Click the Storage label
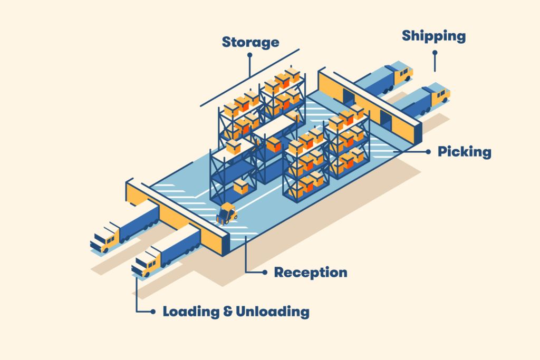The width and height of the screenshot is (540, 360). (x=250, y=42)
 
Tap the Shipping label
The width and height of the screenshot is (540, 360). (x=433, y=36)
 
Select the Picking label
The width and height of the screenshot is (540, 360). (x=464, y=152)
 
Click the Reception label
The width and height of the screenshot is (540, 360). (x=311, y=273)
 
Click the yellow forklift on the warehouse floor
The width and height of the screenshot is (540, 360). (x=227, y=213)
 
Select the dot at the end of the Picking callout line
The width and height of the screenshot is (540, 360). (x=427, y=152)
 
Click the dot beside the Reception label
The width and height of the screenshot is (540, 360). (x=264, y=273)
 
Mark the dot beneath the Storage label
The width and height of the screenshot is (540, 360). (x=250, y=54)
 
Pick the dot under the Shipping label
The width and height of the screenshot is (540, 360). (x=435, y=53)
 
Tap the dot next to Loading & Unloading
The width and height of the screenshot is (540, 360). (x=153, y=312)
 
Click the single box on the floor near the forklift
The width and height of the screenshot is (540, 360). (x=241, y=186)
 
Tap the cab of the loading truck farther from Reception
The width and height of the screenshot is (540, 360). (x=104, y=240)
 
